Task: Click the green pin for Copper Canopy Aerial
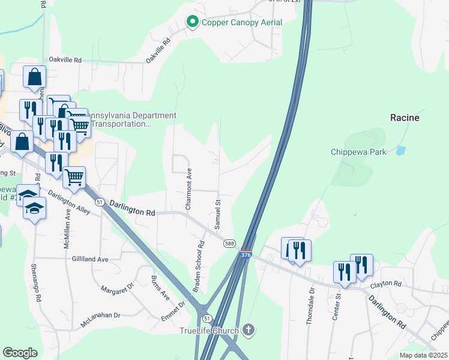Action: pyautogui.click(x=193, y=22)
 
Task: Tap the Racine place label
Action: pyautogui.click(x=405, y=118)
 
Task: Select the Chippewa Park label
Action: pyautogui.click(x=358, y=152)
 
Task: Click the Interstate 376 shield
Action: pyautogui.click(x=246, y=255)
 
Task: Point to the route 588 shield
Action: pyautogui.click(x=229, y=243)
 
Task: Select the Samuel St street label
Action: pyautogui.click(x=218, y=215)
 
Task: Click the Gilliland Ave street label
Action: pyautogui.click(x=89, y=259)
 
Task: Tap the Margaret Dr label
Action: pyautogui.click(x=116, y=290)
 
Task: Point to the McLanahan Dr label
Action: pyautogui.click(x=100, y=320)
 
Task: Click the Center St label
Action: pyautogui.click(x=337, y=306)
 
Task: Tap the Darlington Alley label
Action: pyautogui.click(x=70, y=203)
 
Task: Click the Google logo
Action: pyautogui.click(x=20, y=352)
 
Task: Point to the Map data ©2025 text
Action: pyautogui.click(x=423, y=355)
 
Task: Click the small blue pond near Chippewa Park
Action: pyautogui.click(x=400, y=150)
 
